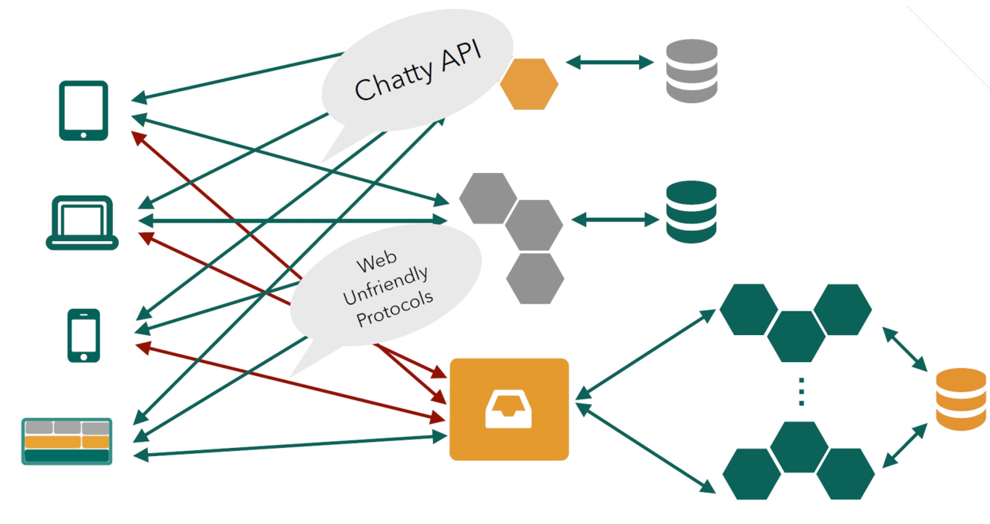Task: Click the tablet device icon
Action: [x=84, y=110]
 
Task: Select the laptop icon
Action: [x=82, y=222]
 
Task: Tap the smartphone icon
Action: [x=84, y=336]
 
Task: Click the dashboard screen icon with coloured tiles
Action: [x=66, y=441]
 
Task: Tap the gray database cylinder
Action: [x=691, y=72]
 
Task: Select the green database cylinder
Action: [x=691, y=212]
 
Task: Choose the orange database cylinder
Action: [x=961, y=399]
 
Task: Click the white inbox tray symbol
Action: [x=508, y=410]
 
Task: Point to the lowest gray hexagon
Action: [x=535, y=278]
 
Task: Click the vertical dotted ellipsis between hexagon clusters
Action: [x=800, y=392]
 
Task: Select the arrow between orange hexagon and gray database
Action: [x=609, y=63]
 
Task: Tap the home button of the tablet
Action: [x=84, y=134]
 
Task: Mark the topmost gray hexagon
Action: [x=488, y=198]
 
